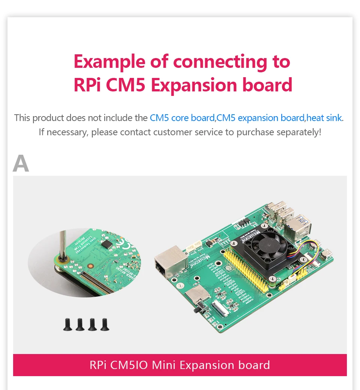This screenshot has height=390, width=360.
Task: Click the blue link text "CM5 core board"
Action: point(182,118)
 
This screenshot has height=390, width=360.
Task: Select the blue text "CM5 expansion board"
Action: point(261,118)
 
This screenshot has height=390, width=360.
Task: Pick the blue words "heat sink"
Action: point(324,118)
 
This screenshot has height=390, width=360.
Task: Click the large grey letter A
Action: point(21,163)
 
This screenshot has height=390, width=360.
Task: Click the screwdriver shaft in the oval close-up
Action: point(63,244)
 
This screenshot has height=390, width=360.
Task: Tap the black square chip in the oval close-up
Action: point(108,244)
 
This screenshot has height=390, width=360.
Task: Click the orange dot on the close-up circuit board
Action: point(90,266)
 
